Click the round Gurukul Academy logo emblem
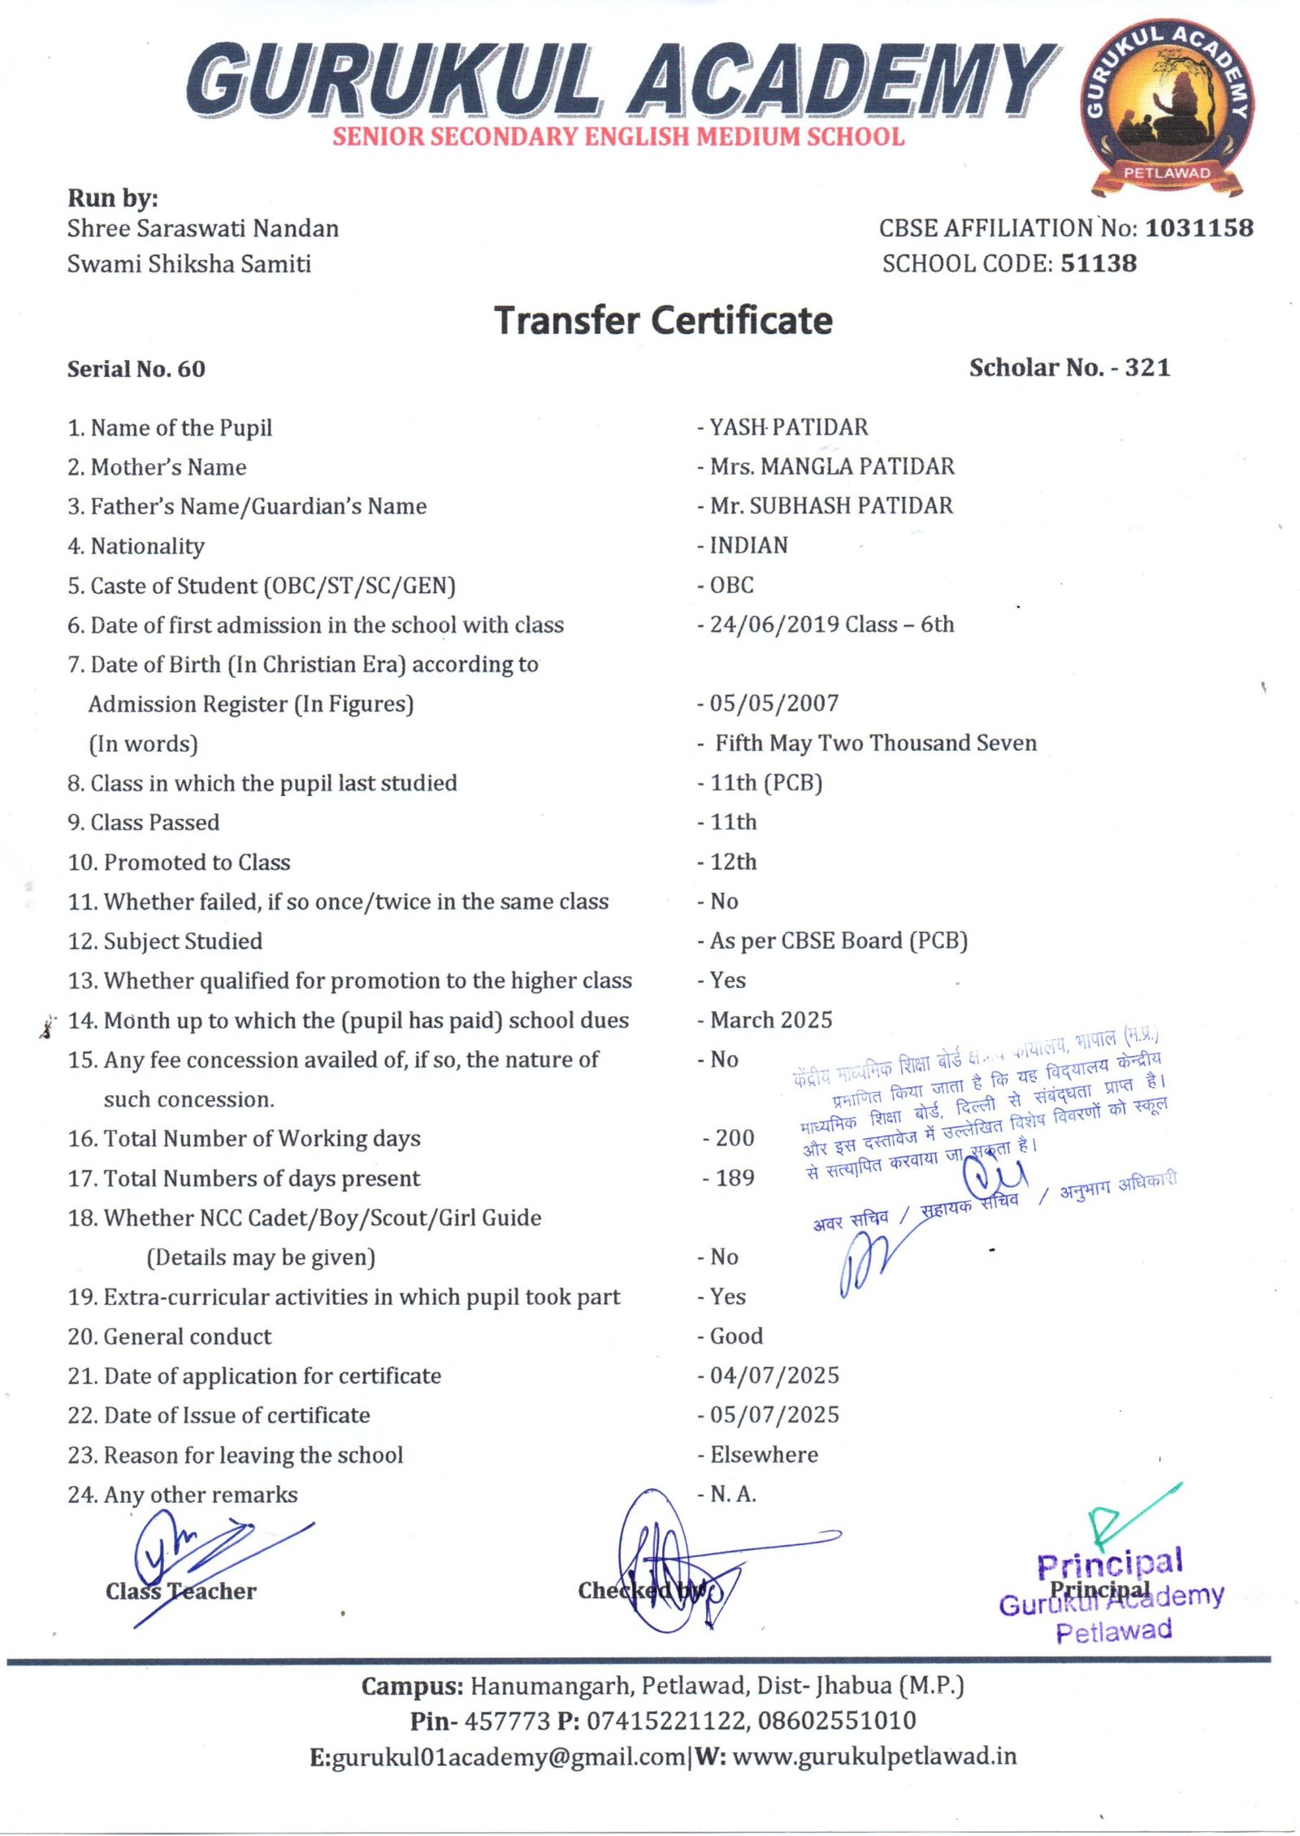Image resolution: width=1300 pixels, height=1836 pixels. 1168,106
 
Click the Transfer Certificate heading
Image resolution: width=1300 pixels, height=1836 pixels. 663,320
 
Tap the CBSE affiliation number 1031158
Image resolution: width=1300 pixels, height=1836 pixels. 1198,228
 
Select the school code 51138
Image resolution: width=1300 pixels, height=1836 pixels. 1098,263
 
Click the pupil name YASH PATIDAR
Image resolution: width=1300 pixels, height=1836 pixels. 788,427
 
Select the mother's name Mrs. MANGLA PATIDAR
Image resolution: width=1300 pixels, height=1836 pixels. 832,466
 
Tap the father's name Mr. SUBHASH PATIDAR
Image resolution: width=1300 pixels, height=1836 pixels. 831,506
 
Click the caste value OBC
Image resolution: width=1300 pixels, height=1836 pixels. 731,585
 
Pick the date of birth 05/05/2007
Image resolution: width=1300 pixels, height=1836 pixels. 773,704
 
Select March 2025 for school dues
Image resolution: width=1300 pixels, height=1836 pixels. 771,1020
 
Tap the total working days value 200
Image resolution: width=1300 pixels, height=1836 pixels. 734,1138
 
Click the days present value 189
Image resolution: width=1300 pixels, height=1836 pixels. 734,1178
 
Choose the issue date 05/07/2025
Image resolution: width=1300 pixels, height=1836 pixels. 774,1415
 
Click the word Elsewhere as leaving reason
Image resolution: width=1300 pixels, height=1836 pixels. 764,1455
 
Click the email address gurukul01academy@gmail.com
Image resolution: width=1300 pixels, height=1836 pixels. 509,1757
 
